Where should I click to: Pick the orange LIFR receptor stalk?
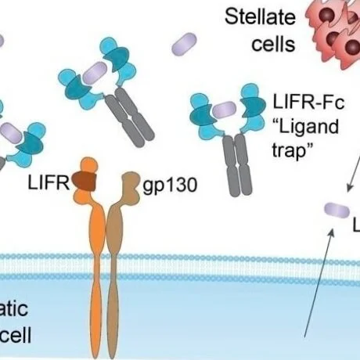[95, 258]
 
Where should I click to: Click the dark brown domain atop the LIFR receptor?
[84, 182]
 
